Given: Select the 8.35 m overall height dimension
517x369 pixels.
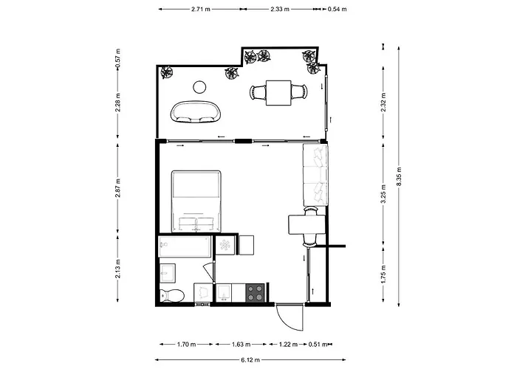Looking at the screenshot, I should [x=399, y=178].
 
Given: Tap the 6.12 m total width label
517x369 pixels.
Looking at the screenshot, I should [x=249, y=359].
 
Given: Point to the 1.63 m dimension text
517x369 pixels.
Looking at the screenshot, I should [x=238, y=344].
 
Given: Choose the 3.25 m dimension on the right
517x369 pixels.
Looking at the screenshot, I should [x=383, y=193].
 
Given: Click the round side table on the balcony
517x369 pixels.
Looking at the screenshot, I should [x=199, y=87].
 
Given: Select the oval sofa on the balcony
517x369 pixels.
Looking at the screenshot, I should [x=197, y=112].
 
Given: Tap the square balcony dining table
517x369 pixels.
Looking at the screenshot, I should [x=278, y=92].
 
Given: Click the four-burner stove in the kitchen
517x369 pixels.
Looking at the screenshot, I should [x=255, y=293].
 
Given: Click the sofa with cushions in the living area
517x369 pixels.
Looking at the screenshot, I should [x=315, y=176].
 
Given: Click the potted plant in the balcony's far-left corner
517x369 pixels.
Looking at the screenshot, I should [x=168, y=72].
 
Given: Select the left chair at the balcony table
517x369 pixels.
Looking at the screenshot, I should [x=257, y=92].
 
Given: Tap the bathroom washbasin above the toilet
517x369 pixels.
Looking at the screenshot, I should [x=167, y=271].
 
